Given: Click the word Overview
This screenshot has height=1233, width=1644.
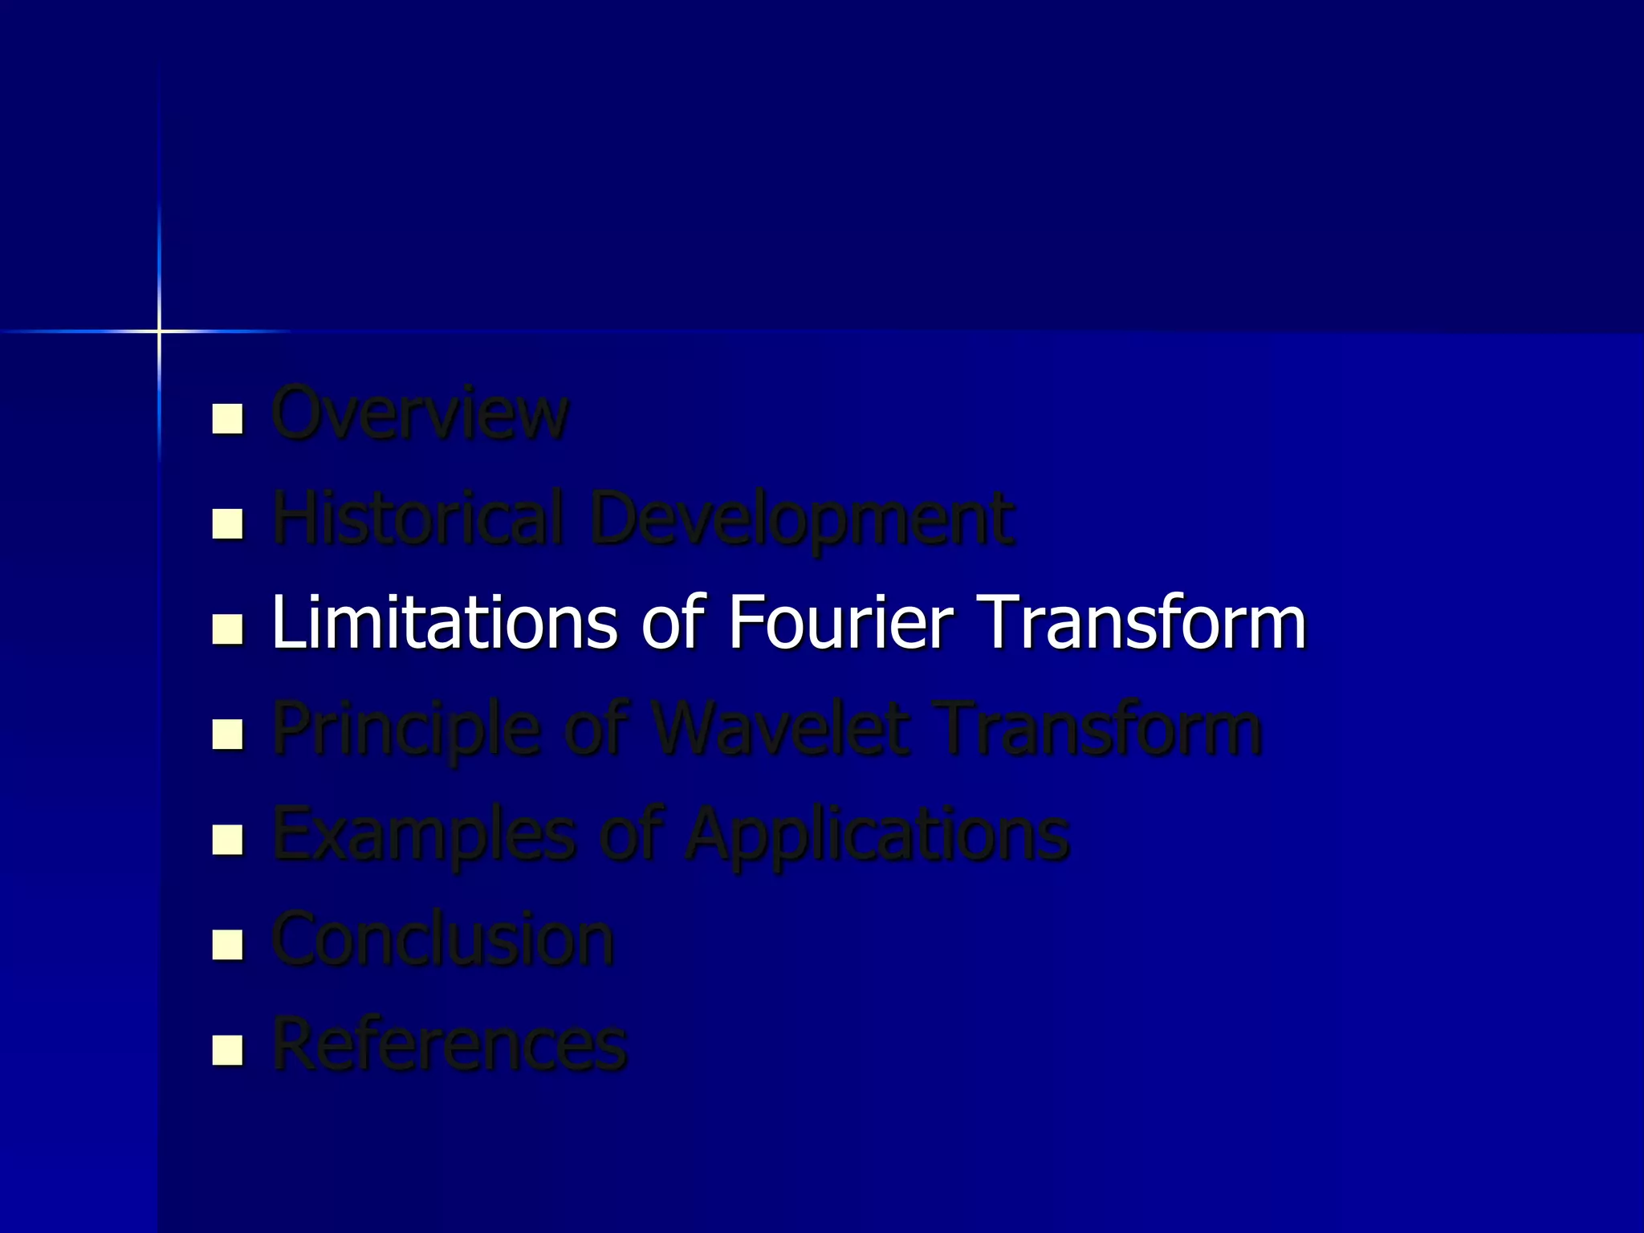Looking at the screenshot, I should coord(420,413).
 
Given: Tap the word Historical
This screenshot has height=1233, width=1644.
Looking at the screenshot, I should coord(417,518).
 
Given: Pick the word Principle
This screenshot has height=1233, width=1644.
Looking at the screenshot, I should coord(406,730).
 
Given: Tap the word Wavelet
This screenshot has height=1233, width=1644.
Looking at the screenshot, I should coord(780,728).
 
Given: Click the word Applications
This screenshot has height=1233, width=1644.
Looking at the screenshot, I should coord(877,835).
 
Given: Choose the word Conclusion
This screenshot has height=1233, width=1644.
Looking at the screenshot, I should coord(443,938).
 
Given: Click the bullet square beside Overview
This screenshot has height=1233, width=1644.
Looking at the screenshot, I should coord(228,418).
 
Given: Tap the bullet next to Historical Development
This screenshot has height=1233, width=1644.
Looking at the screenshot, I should coord(228,524).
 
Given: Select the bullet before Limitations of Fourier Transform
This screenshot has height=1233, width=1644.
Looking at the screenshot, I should coord(228,629).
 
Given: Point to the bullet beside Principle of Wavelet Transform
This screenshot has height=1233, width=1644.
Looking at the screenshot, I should coord(228,735).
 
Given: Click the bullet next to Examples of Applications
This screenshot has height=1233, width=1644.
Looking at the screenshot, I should coord(228,840).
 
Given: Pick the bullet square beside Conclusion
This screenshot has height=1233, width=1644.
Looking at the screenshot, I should coord(228,945).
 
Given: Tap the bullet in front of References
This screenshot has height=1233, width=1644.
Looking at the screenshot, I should coord(228,1050).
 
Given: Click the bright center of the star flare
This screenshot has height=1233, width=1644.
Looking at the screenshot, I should coord(159,331).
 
